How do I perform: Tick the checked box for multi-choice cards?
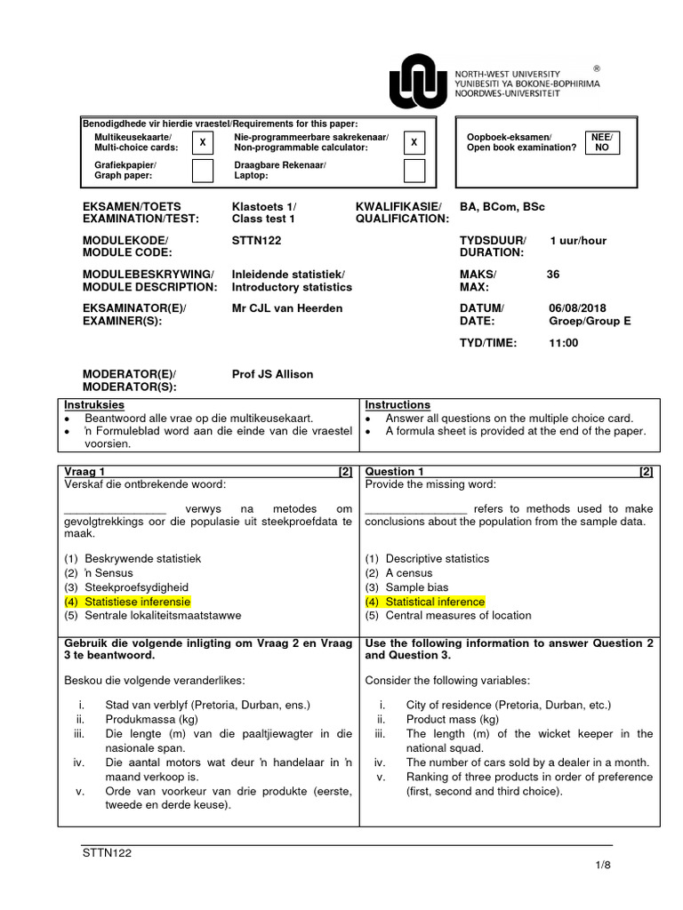[203, 142]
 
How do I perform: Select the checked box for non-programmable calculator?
[414, 142]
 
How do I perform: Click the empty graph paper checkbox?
[203, 170]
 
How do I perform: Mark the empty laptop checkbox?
[414, 170]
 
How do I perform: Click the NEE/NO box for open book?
[602, 142]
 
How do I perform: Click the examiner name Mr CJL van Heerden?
[275, 307]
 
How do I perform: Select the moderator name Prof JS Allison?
[272, 374]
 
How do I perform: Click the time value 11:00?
[564, 342]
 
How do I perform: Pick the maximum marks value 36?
[553, 275]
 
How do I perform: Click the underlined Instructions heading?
[398, 405]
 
